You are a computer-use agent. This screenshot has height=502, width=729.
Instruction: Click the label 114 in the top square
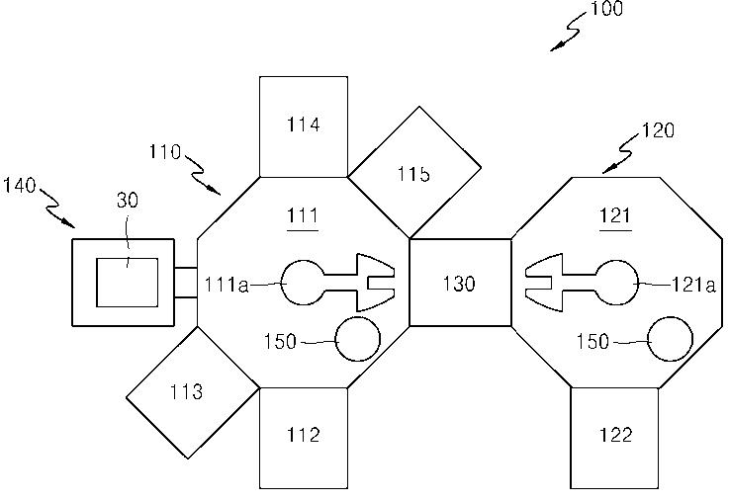coord(303,125)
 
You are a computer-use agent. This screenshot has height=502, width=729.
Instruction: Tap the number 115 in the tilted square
coord(413,174)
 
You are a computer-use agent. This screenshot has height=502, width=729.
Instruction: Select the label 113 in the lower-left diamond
coord(186,392)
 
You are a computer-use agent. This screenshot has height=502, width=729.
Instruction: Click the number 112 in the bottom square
coord(303,435)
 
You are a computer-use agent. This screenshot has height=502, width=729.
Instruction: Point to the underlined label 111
coord(303,216)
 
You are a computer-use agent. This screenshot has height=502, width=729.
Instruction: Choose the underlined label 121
coord(615,216)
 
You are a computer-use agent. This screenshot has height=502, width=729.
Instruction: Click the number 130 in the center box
coord(459,284)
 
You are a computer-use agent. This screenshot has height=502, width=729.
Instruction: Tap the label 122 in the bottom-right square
coord(615,435)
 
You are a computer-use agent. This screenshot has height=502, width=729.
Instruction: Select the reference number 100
coord(606,9)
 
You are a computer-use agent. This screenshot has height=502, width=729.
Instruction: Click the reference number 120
coord(658,130)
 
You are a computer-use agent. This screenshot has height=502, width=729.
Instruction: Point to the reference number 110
coord(165,152)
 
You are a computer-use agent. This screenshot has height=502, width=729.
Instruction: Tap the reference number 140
coord(20,186)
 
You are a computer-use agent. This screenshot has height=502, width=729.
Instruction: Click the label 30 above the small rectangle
coord(128,201)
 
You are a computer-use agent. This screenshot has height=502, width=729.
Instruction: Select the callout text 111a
coord(227,285)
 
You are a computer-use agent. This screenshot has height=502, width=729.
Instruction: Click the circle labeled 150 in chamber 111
coord(357,340)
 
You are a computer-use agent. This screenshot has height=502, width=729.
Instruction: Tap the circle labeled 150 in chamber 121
coord(670,340)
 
